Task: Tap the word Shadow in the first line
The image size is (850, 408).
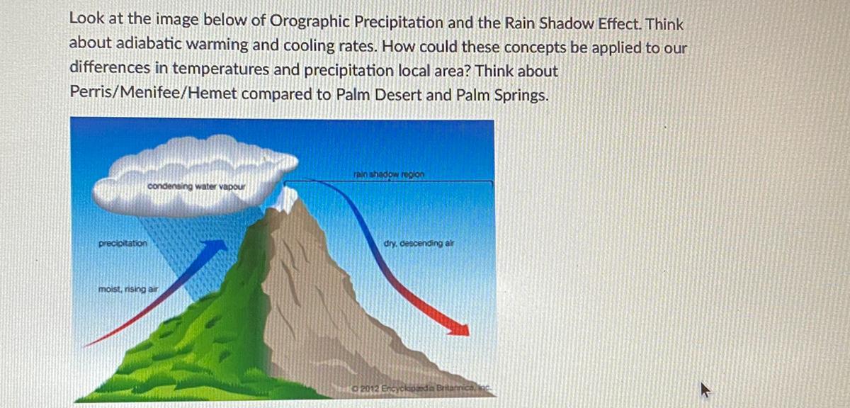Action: tap(567, 23)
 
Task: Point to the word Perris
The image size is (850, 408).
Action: tap(92, 92)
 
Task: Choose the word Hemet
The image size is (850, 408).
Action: tap(212, 93)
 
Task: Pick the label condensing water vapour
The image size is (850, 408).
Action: tap(196, 186)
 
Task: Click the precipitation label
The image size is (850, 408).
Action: tap(123, 243)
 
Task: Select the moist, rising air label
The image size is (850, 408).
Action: tap(128, 289)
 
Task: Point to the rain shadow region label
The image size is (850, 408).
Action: tap(389, 174)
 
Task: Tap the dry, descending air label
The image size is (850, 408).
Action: tap(419, 243)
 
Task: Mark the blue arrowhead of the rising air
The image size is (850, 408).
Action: tap(214, 248)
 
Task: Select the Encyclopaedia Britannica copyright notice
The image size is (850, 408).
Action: tap(421, 388)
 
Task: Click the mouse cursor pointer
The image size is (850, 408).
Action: tap(704, 390)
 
